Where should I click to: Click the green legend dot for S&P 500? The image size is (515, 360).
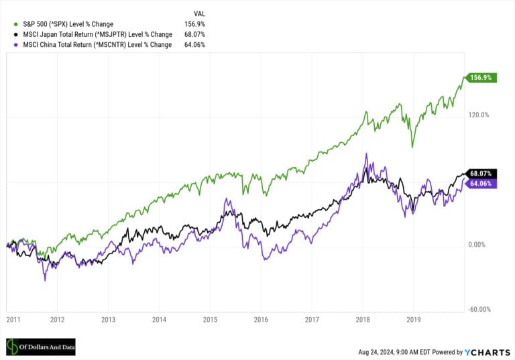(x=7, y=23)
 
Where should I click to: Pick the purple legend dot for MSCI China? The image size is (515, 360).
(x=7, y=45)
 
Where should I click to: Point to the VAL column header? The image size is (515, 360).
(x=198, y=13)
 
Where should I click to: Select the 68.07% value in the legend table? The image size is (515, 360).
(x=194, y=34)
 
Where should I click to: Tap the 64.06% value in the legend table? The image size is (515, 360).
(x=194, y=45)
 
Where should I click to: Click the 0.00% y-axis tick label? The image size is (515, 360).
(x=478, y=245)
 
